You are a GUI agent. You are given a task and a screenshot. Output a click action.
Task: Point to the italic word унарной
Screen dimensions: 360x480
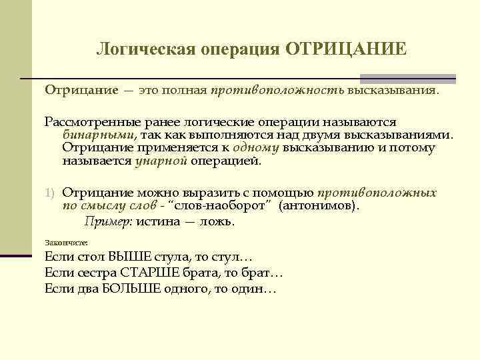[161, 161]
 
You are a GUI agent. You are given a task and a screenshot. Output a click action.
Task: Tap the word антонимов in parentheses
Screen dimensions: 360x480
[318, 206]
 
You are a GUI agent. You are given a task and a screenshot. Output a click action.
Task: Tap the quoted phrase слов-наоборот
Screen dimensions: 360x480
[230, 206]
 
